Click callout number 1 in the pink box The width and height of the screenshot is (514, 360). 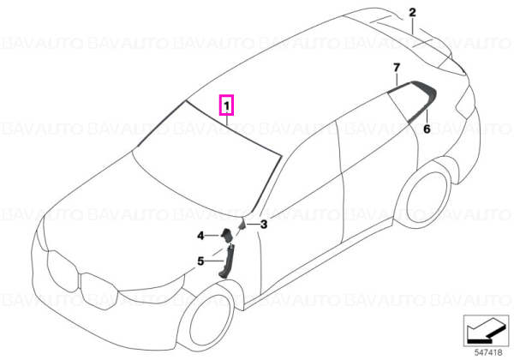click(x=226, y=105)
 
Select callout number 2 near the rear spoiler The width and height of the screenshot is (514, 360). click(x=412, y=13)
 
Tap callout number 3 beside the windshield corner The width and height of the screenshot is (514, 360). click(x=264, y=225)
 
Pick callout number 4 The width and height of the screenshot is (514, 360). click(x=200, y=236)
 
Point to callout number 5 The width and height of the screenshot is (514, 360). click(x=200, y=261)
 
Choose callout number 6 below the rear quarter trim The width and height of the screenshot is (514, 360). click(x=427, y=129)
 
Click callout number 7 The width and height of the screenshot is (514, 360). click(x=397, y=68)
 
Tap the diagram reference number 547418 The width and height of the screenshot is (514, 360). click(x=488, y=352)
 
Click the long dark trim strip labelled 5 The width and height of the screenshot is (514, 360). click(x=227, y=262)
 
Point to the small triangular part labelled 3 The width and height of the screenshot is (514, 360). click(x=243, y=225)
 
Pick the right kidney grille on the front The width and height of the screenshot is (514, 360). click(x=99, y=291)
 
